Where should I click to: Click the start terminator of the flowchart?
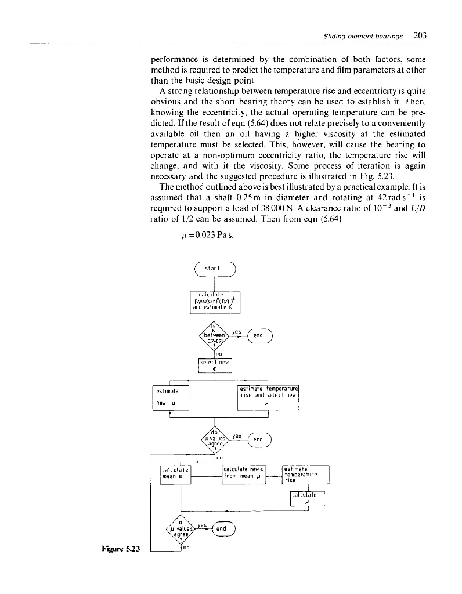point(215,270)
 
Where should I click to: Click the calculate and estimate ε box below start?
point(215,302)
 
